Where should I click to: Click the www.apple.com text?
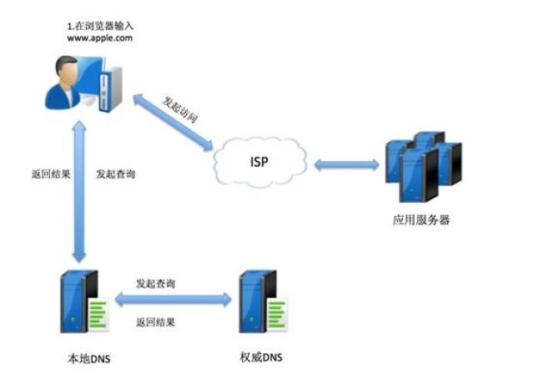(100, 38)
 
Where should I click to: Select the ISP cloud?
(259, 161)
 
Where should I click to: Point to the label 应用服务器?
(421, 221)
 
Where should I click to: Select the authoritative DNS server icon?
(261, 301)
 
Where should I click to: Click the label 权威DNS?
(259, 358)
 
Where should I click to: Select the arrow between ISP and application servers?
(345, 164)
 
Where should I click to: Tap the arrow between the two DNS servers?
(173, 299)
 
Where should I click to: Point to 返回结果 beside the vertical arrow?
(47, 174)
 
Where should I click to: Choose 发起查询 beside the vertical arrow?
(116, 174)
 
